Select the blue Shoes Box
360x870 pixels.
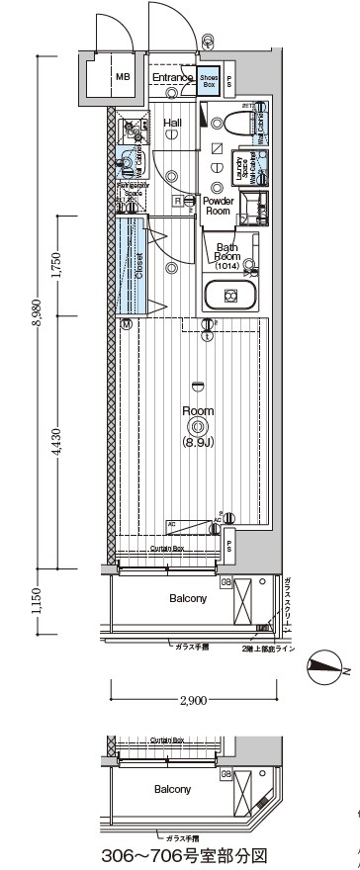[x=209, y=83]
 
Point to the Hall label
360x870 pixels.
[x=172, y=123]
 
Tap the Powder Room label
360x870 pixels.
[x=218, y=206]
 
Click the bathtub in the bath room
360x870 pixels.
[x=230, y=295]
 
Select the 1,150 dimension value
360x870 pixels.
[x=39, y=600]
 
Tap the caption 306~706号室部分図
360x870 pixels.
[x=188, y=852]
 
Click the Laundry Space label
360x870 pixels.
[x=239, y=168]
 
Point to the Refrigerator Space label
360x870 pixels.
[x=132, y=188]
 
